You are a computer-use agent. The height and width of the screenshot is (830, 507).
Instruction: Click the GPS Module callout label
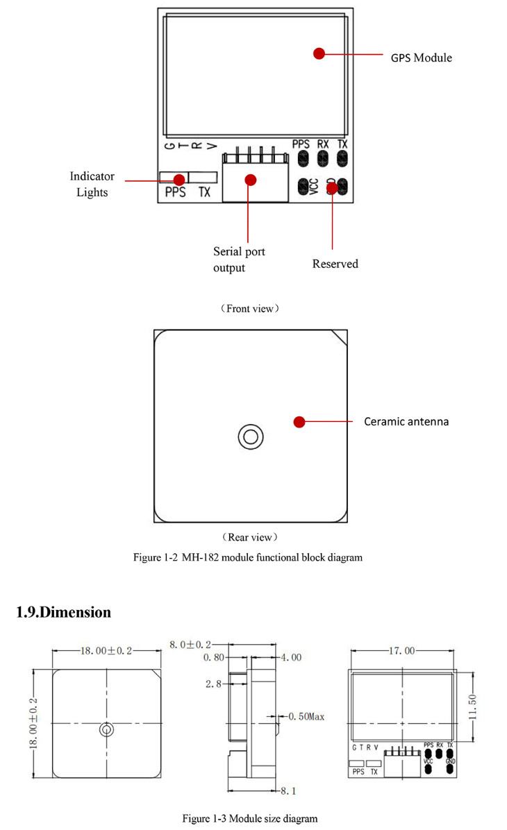coord(421,58)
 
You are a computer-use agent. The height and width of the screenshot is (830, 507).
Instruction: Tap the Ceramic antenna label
coord(406,421)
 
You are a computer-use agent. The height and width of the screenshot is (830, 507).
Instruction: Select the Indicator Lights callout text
coord(92,185)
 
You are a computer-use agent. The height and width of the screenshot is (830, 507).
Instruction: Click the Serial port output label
coord(239,260)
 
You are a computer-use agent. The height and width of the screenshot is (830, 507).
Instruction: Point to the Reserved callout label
coord(335,264)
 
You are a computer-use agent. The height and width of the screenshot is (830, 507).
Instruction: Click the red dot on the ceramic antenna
coord(299,421)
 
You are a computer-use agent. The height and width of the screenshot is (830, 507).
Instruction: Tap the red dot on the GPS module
coord(319,53)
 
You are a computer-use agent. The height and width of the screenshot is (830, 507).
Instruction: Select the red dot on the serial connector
coord(251,180)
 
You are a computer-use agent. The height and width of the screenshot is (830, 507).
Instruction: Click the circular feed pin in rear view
coord(250,437)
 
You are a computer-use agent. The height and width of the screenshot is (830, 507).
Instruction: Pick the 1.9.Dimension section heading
coord(63,612)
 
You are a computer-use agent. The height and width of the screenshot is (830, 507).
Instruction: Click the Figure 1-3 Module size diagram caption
coord(250,819)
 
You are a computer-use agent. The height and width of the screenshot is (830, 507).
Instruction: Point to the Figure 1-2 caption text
coord(248,557)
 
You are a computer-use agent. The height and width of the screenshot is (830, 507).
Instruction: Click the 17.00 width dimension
coord(402,651)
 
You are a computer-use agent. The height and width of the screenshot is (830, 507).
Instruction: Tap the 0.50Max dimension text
coord(307,715)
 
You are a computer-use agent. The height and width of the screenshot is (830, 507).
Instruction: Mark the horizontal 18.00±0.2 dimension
coord(107,651)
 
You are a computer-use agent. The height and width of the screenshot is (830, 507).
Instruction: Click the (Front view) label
coord(250,308)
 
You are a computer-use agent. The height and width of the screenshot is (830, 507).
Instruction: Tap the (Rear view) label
coord(250,537)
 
